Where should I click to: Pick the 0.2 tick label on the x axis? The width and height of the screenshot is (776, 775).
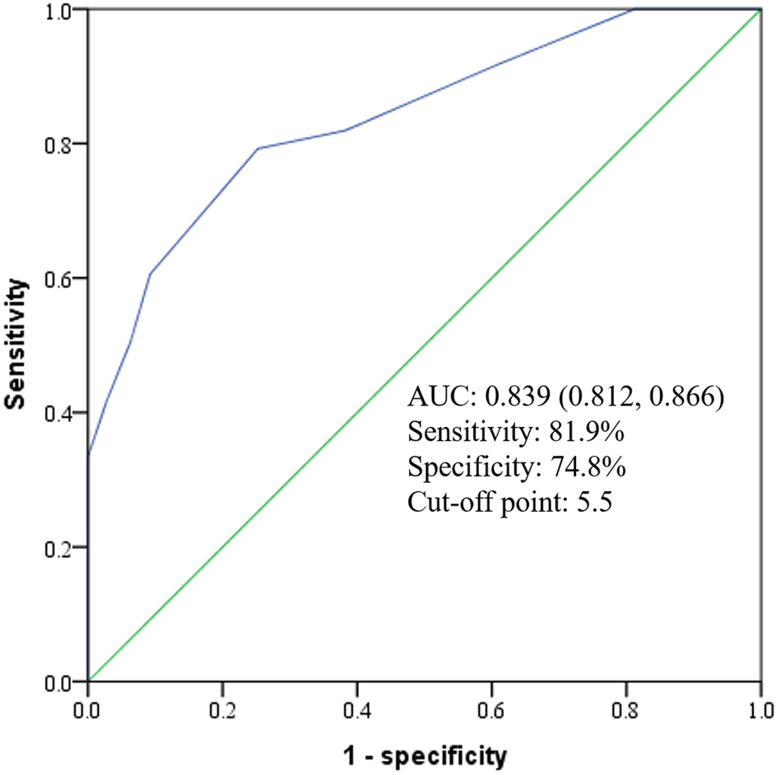point(222,706)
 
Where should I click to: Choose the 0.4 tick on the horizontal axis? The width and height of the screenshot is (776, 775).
point(356,706)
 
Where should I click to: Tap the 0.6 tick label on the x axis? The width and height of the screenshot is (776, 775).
point(491,706)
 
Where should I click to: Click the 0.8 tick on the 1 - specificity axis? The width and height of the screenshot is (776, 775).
point(625,706)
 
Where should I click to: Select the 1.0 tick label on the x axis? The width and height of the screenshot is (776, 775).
point(759,706)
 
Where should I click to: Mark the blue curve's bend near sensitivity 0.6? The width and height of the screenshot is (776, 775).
point(150,273)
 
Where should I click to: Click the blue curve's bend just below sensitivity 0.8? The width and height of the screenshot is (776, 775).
point(258,149)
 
